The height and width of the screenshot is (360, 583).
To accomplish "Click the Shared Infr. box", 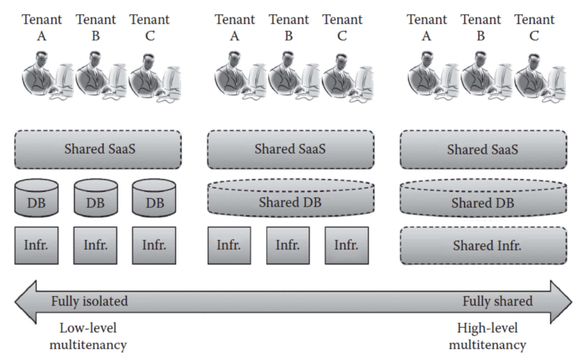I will coord(484,245).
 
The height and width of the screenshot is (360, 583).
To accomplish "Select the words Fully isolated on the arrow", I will coord(89,302).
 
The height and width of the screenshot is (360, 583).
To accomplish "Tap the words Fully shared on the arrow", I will coord(497,302).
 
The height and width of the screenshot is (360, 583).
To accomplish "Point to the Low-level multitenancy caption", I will coord(89,336).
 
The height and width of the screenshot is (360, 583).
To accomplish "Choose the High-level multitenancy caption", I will coord(487,336).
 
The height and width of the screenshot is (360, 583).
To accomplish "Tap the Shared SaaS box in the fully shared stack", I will coord(484,150).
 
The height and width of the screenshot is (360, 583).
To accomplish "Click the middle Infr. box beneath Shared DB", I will coord(288,245).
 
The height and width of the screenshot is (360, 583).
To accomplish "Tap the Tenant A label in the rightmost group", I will coord(427,28).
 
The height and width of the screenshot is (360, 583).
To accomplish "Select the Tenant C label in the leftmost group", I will coord(149,28).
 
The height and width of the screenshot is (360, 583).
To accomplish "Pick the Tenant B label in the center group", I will coord(288,28).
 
